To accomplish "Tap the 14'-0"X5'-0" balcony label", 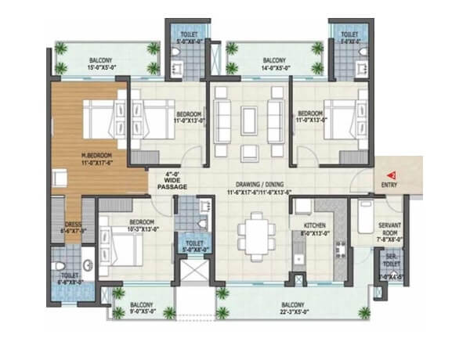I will click(x=273, y=66).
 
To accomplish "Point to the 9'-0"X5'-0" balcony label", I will click(x=142, y=310).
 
